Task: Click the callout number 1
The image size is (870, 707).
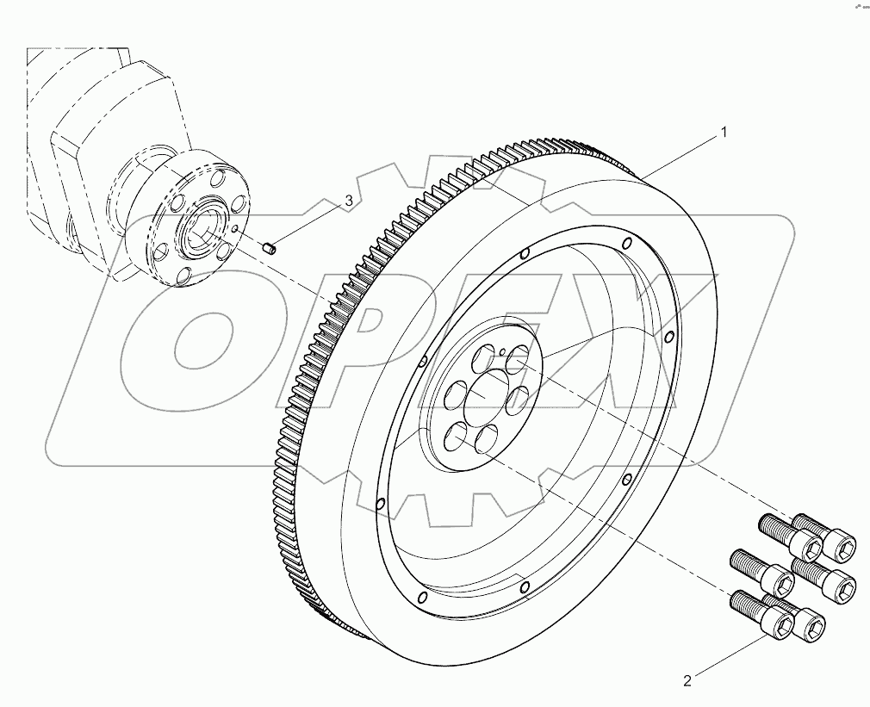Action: [724, 133]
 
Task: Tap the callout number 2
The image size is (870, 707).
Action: [687, 681]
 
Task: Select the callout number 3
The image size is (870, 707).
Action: [349, 201]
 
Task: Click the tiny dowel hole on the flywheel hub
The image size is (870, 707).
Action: [501, 351]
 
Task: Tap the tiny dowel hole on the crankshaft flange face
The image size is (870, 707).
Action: [235, 229]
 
